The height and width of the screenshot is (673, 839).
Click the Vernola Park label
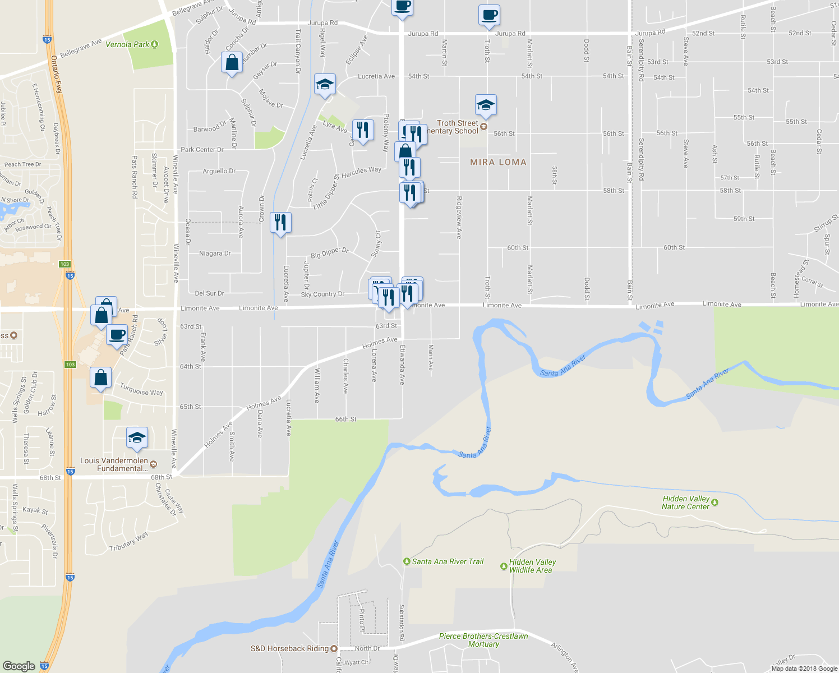[127, 44]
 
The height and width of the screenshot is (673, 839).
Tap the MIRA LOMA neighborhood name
[498, 162]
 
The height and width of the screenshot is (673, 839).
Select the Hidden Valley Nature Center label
[685, 503]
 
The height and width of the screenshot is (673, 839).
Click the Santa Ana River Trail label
[448, 561]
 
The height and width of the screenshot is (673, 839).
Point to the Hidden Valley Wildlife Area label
[532, 566]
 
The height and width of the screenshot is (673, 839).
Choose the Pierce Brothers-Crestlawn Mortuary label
[483, 640]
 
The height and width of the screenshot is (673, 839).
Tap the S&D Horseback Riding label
[289, 648]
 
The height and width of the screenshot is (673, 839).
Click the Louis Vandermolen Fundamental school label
[114, 464]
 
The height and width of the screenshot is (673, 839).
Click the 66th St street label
[345, 419]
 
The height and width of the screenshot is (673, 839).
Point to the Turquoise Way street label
[141, 389]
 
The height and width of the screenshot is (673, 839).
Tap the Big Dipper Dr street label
[329, 253]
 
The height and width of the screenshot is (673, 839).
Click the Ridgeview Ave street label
[459, 218]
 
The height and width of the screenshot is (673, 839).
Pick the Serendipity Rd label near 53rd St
[641, 62]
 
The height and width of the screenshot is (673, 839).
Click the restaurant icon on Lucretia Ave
[280, 223]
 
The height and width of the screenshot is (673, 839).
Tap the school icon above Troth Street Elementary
[486, 104]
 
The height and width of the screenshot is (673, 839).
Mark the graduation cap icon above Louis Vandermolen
[137, 437]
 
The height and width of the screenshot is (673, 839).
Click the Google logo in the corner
[19, 666]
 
